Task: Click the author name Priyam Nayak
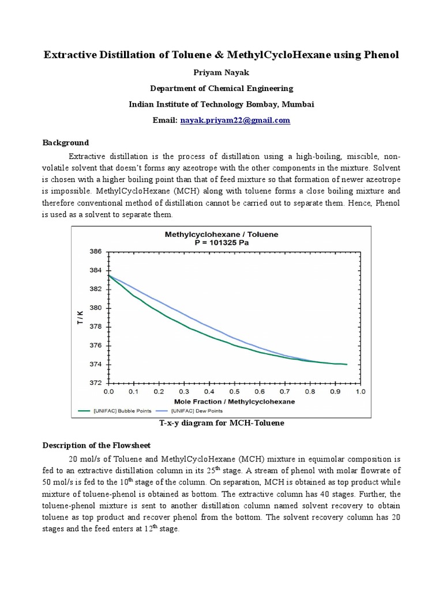click(221, 73)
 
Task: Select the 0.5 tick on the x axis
click(234, 392)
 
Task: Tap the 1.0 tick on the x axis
click(360, 392)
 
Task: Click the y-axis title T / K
click(80, 317)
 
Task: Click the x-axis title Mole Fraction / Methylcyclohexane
click(235, 401)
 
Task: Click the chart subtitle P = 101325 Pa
click(221, 243)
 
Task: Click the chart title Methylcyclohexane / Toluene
click(221, 235)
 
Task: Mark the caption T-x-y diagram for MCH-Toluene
click(221, 423)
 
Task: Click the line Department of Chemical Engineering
click(221, 88)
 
